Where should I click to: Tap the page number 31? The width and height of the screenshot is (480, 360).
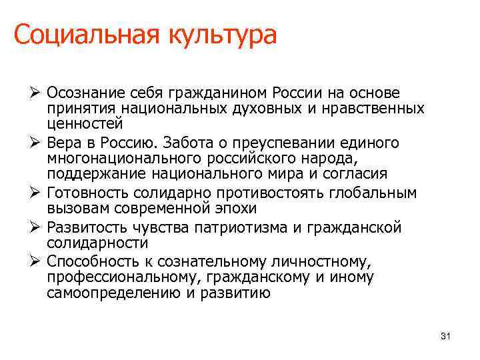tap(446, 337)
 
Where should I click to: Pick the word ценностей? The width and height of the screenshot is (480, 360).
tap(85, 123)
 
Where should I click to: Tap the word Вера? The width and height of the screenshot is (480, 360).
tap(65, 143)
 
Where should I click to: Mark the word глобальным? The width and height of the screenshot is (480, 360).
tap(380, 193)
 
